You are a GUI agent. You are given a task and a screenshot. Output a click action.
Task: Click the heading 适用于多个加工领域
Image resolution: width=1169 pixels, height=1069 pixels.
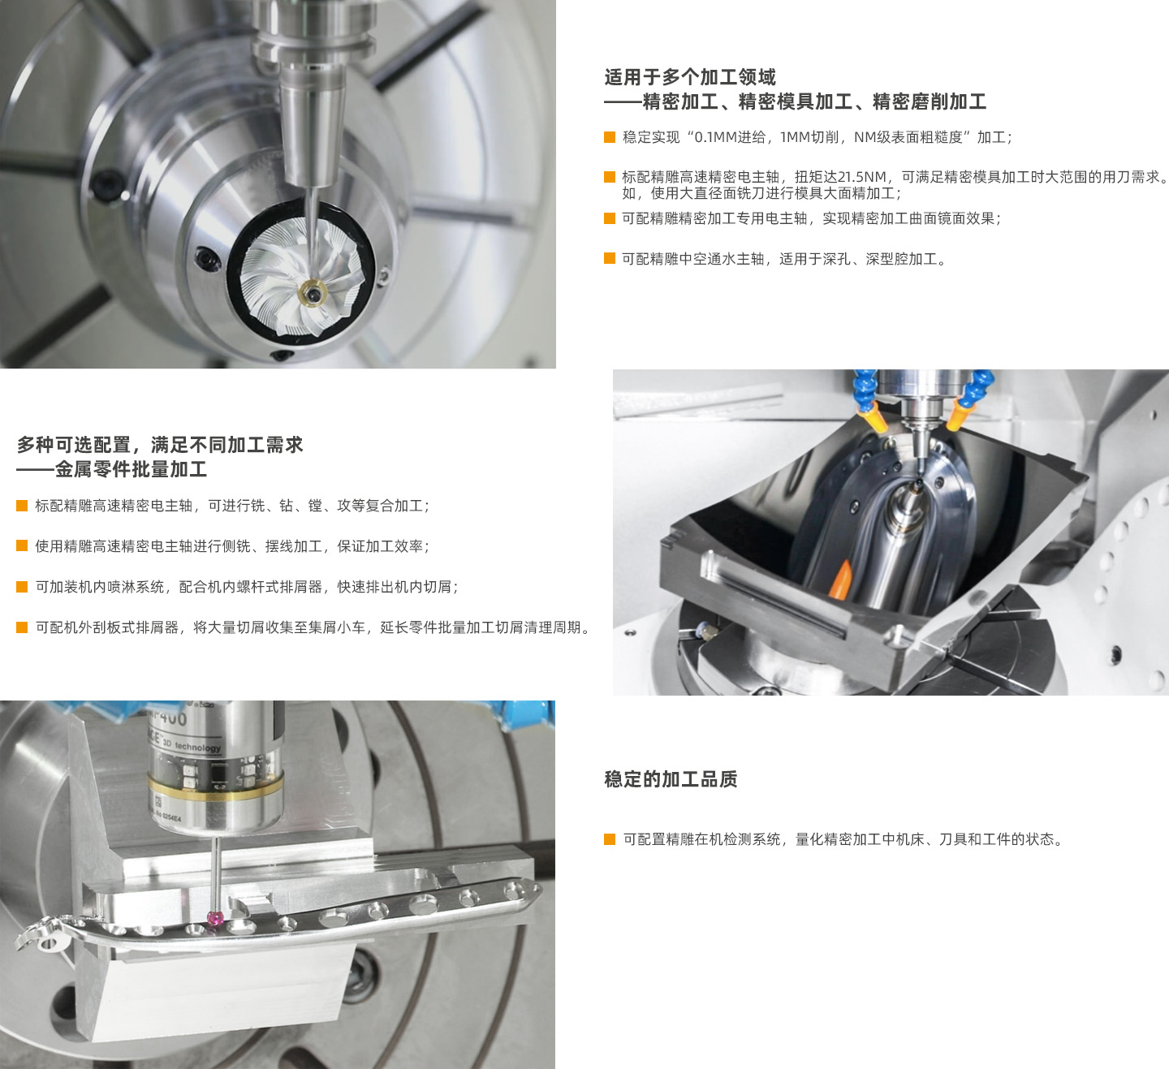tap(690, 77)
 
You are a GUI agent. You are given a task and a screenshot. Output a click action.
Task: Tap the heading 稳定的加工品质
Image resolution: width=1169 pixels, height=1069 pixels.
tap(671, 778)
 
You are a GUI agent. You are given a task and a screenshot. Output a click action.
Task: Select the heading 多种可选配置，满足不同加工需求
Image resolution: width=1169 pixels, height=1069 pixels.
tap(160, 445)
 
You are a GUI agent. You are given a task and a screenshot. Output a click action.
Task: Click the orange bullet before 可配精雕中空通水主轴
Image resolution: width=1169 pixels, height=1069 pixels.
tap(610, 258)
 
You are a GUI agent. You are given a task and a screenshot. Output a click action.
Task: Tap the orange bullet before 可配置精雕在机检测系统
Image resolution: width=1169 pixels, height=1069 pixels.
tap(610, 839)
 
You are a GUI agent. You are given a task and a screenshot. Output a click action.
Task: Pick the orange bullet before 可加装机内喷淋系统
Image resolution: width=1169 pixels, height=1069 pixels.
tap(22, 586)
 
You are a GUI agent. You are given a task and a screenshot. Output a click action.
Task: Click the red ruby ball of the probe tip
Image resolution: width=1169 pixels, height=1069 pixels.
tap(216, 918)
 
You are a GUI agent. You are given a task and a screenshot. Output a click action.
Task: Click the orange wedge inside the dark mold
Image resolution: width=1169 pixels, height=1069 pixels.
tap(843, 580)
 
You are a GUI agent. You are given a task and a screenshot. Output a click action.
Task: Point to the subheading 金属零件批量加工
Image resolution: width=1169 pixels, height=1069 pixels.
tap(132, 469)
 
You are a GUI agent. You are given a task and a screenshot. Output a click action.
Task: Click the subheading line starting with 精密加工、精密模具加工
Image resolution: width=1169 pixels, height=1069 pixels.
tap(814, 101)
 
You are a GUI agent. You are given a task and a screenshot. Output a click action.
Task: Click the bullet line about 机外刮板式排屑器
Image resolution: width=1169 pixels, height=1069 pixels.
tap(314, 627)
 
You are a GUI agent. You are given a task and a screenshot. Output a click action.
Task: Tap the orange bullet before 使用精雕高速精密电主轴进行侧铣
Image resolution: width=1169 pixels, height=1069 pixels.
tap(22, 545)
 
